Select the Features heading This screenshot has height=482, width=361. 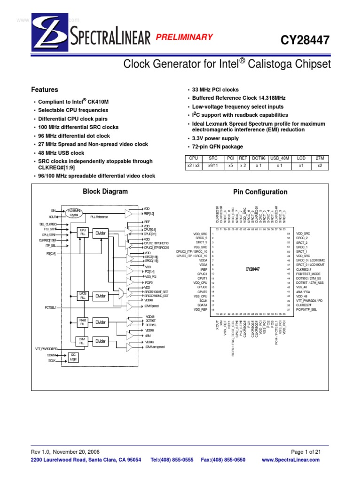tap(45, 89)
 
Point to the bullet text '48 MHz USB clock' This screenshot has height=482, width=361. tap(62, 153)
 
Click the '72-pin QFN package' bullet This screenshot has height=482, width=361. tap(214, 147)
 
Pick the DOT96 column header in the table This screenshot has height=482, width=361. tap(258, 159)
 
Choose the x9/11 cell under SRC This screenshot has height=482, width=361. tap(213, 166)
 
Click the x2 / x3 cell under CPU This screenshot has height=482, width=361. tap(194, 166)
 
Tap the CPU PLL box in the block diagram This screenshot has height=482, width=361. tap(83, 233)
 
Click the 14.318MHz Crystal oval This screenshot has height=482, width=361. tap(73, 212)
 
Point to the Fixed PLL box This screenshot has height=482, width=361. tap(83, 322)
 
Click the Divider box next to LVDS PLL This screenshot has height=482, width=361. tap(101, 296)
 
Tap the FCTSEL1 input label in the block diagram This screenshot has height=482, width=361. tap(50, 307)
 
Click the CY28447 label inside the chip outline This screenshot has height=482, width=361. tap(252, 269)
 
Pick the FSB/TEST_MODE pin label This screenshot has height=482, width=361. tap(308, 273)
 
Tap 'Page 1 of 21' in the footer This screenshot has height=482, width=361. tap(306, 451)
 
